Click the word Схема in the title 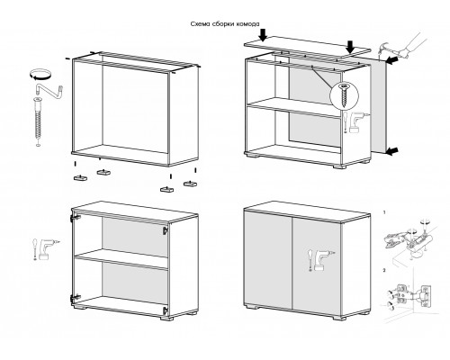[200, 24]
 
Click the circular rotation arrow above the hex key [40, 74]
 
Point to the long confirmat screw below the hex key [38, 120]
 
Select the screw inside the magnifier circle [344, 95]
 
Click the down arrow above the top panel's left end [263, 35]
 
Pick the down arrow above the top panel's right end [350, 48]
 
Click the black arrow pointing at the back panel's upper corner [392, 59]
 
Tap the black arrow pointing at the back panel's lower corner [392, 152]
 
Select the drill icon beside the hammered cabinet [355, 121]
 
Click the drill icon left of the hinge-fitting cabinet [45, 248]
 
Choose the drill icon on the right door [321, 260]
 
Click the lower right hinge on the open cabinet [165, 310]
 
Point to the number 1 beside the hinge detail [384, 212]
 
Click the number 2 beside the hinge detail [384, 270]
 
